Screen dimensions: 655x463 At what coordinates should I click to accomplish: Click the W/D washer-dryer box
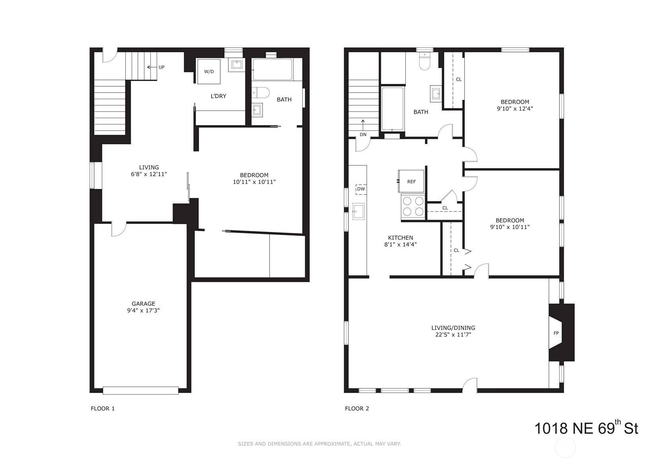[x=209, y=71]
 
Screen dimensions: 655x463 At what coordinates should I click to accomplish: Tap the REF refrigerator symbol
[x=411, y=181]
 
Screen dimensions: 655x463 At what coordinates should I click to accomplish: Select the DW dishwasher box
[x=361, y=189]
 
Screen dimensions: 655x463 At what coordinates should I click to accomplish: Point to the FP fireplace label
[x=556, y=333]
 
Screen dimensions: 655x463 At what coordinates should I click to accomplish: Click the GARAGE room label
[x=143, y=303]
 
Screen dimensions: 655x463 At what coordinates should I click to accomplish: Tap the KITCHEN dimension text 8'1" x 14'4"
[x=400, y=245]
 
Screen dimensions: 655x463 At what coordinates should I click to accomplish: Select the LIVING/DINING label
[x=453, y=328]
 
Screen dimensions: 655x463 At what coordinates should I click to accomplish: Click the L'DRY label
[x=218, y=96]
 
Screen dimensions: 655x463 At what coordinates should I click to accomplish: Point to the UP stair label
[x=161, y=67]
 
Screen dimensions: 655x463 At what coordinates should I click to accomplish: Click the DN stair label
[x=363, y=134]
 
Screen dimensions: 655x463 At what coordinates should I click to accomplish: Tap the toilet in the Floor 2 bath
[x=425, y=61]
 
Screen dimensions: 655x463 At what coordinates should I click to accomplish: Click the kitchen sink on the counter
[x=358, y=211]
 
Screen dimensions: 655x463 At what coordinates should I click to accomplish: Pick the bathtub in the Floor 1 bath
[x=272, y=69]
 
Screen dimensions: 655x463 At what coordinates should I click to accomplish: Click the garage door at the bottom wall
[x=141, y=390]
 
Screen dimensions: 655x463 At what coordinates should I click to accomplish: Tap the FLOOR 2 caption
[x=357, y=409]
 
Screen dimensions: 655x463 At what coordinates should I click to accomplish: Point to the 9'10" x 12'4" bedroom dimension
[x=515, y=109]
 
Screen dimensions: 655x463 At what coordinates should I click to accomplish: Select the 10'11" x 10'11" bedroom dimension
[x=254, y=182]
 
